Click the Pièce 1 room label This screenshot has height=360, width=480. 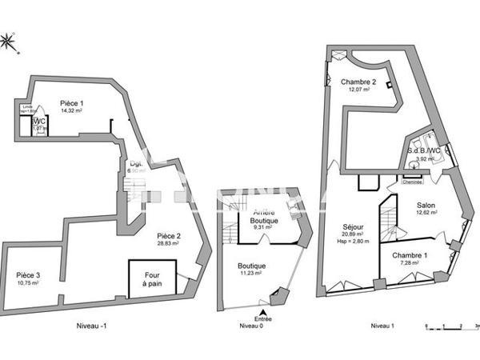72,103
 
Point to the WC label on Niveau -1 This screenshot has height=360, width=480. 38,122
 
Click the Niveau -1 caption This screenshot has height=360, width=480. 82,325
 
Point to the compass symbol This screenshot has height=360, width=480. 9,42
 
